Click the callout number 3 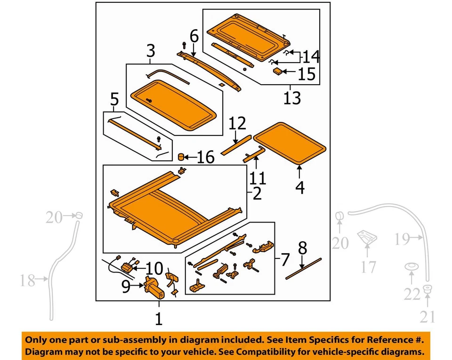coord(150,50)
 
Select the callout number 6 coord(194,35)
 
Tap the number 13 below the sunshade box coord(291,98)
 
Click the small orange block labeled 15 coord(278,71)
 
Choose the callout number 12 coord(237,124)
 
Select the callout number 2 coord(257,193)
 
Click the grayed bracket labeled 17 coord(367,238)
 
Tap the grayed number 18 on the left coord(28,281)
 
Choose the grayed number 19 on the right coord(403,240)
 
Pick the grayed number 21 coord(428,318)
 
